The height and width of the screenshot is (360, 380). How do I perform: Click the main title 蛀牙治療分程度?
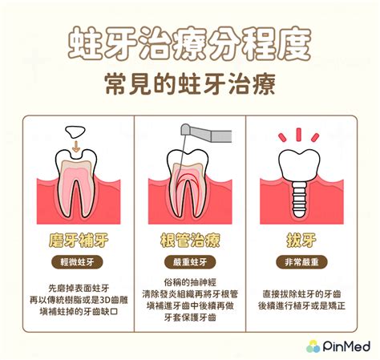pyautogui.click(x=189, y=43)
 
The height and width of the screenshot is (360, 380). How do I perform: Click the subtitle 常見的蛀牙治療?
pyautogui.click(x=190, y=84)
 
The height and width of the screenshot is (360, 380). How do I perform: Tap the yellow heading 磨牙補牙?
pyautogui.click(x=79, y=241)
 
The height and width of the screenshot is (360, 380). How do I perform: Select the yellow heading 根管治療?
pyautogui.click(x=190, y=241)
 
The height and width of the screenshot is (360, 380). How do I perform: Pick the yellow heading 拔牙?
pyautogui.click(x=301, y=241)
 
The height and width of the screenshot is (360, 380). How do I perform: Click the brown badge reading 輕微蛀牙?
pyautogui.click(x=77, y=262)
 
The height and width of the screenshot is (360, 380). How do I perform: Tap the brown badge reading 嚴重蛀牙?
pyautogui.click(x=190, y=262)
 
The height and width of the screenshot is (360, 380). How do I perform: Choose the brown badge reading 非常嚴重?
pyautogui.click(x=301, y=262)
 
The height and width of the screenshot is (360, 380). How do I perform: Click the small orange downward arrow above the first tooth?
pyautogui.click(x=76, y=146)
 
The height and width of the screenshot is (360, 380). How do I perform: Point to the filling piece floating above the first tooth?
pyautogui.click(x=75, y=132)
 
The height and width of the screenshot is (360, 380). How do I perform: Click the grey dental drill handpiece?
pyautogui.click(x=206, y=133)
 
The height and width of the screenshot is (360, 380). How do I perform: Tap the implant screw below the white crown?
pyautogui.click(x=299, y=199)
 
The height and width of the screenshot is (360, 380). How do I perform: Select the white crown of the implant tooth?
pyautogui.click(x=299, y=166)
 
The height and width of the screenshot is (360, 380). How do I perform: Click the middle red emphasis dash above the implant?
pyautogui.click(x=299, y=135)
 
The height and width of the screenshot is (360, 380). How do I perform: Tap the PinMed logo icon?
pyautogui.click(x=313, y=346)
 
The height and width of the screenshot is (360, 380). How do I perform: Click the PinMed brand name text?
pyautogui.click(x=346, y=346)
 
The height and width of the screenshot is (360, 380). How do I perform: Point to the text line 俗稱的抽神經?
pyautogui.click(x=190, y=282)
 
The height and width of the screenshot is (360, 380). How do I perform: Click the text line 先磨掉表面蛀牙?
pyautogui.click(x=79, y=288)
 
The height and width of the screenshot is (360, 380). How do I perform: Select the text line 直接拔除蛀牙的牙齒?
pyautogui.click(x=301, y=294)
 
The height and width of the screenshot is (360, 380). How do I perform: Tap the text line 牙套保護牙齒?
pyautogui.click(x=190, y=318)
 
